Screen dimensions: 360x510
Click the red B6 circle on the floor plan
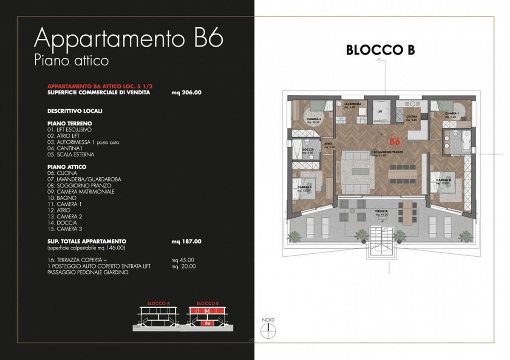(x=395, y=141)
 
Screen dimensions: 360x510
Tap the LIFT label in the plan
(x=380, y=111)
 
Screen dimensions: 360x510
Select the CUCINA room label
(x=411, y=116)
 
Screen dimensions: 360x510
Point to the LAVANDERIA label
(x=353, y=104)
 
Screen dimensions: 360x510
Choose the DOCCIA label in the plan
(x=308, y=150)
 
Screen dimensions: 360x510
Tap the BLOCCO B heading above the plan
(x=380, y=50)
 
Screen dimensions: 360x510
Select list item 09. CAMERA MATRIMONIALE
(x=81, y=192)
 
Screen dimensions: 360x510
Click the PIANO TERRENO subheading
(x=70, y=123)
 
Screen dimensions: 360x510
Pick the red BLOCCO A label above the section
(x=158, y=303)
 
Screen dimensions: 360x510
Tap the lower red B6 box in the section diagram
(x=207, y=323)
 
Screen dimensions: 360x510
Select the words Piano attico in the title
(x=71, y=60)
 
